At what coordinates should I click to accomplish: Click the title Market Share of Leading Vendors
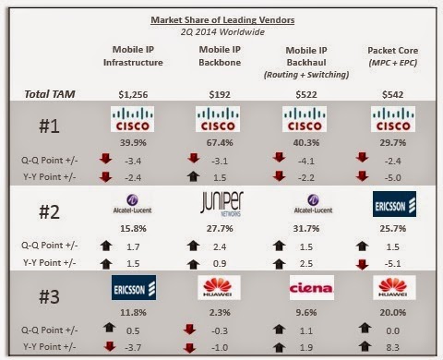click(x=222, y=20)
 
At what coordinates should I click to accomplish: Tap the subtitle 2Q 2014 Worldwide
click(x=222, y=32)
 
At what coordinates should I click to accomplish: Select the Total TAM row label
click(x=50, y=94)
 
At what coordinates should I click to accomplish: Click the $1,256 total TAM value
click(x=133, y=94)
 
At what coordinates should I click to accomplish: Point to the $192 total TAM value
click(x=220, y=94)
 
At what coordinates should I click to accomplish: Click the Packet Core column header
click(x=393, y=56)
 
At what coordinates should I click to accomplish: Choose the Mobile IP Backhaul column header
click(x=306, y=63)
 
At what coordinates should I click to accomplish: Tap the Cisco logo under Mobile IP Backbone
click(x=218, y=119)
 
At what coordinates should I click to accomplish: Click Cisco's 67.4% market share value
click(x=220, y=142)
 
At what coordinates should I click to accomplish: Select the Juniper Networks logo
click(x=221, y=203)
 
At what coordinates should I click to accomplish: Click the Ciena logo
click(x=312, y=287)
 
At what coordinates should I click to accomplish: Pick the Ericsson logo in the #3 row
click(x=134, y=287)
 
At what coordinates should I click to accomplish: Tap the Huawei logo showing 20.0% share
click(x=394, y=287)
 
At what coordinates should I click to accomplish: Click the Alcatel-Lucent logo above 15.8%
click(x=132, y=204)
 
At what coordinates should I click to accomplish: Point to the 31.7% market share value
click(x=306, y=229)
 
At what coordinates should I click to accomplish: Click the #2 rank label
click(x=49, y=212)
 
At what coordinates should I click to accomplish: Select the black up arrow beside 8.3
click(x=365, y=346)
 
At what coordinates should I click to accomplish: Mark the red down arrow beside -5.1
click(x=363, y=264)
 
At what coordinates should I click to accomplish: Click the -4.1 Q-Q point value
click(x=306, y=161)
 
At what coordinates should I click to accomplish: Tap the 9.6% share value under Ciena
click(x=306, y=312)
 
